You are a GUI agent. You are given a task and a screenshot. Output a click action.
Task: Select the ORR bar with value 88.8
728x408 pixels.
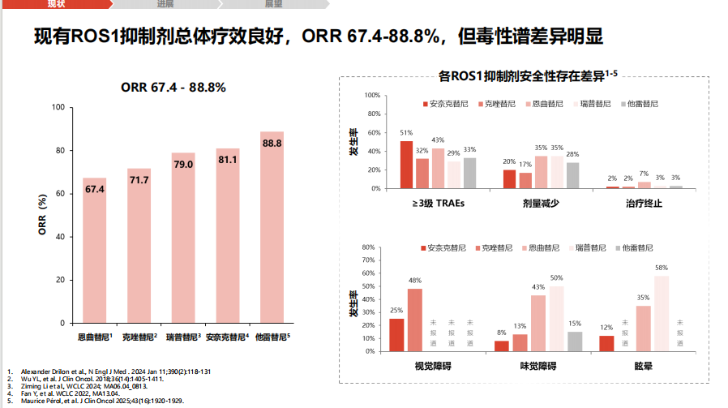(x=272, y=227)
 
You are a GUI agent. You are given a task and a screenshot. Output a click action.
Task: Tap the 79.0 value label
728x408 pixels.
(x=183, y=165)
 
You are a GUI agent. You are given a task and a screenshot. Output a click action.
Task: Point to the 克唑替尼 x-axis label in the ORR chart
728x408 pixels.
(x=139, y=336)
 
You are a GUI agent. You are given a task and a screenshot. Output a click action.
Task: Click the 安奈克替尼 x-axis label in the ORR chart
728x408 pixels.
(x=227, y=336)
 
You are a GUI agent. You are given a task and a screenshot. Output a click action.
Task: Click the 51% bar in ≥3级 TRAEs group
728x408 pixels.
(x=406, y=165)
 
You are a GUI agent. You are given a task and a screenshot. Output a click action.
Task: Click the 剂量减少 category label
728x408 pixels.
(x=538, y=204)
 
